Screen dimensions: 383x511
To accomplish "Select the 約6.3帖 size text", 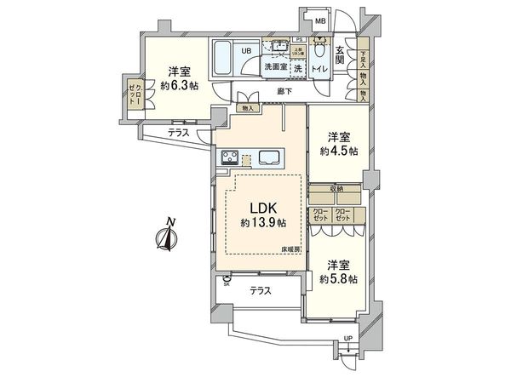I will pyautogui.click(x=178, y=86).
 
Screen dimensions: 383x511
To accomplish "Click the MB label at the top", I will pyautogui.click(x=321, y=20).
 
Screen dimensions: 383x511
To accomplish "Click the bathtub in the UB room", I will pyautogui.click(x=223, y=57).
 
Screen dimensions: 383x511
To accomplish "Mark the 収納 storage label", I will pyautogui.click(x=335, y=189).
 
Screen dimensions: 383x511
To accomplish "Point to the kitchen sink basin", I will pyautogui.click(x=271, y=157).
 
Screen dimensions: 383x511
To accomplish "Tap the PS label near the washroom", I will pyautogui.click(x=299, y=39).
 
